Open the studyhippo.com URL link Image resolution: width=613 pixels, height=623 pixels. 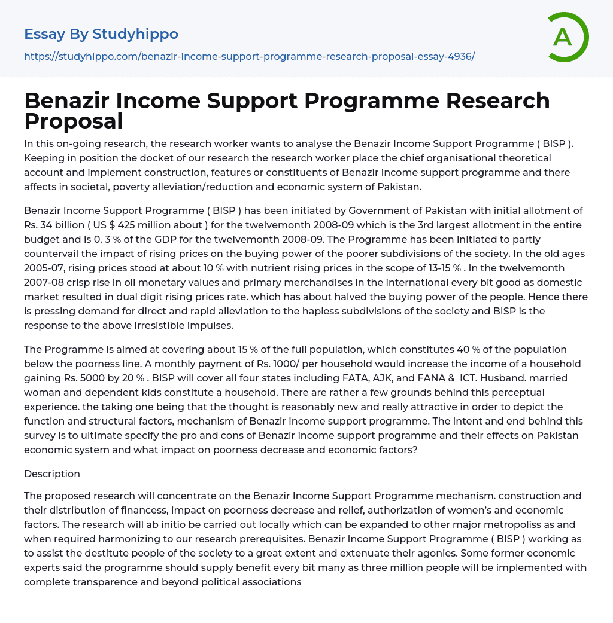pyautogui.click(x=249, y=56)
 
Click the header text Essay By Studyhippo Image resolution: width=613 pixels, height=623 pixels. pyautogui.click(x=101, y=34)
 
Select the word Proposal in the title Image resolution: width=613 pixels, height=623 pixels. pyautogui.click(x=73, y=121)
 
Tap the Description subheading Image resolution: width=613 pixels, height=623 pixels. pyautogui.click(x=52, y=474)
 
